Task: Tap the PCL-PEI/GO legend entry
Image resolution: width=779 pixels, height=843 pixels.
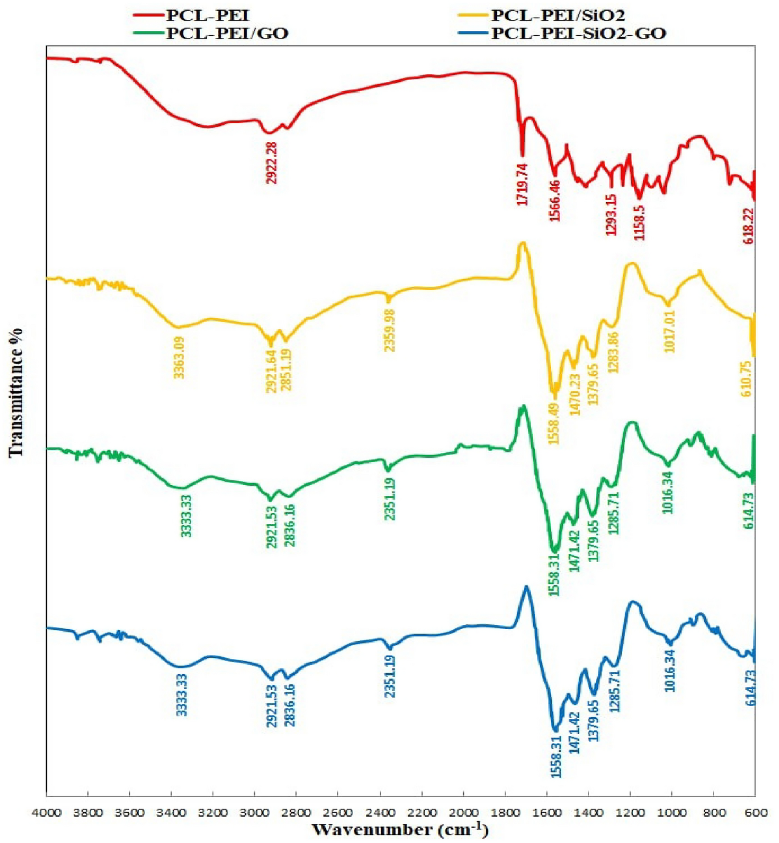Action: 227,34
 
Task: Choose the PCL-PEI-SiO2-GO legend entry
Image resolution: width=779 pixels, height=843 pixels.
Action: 578,34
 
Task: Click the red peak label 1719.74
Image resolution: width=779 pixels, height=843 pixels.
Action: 522,185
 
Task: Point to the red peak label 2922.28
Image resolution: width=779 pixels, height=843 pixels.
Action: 271,164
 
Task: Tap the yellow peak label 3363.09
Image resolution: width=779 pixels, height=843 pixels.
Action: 179,358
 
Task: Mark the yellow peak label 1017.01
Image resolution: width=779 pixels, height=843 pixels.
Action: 669,331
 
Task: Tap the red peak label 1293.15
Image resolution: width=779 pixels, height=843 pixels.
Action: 611,215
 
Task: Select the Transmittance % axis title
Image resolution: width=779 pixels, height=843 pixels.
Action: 17,392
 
